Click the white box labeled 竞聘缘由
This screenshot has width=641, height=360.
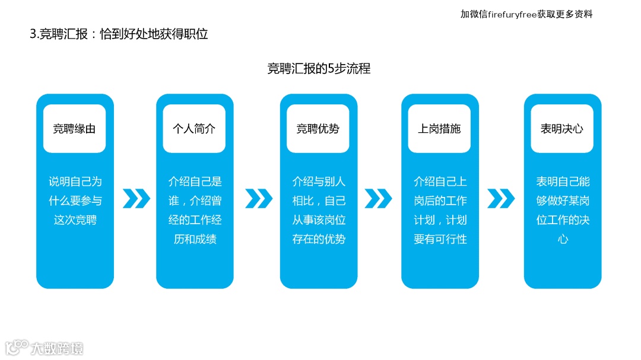coord(74,129)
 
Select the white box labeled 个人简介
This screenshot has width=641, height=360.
coord(194,129)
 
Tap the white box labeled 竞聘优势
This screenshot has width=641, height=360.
coord(318,129)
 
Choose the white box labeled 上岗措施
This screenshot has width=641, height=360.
coord(439,129)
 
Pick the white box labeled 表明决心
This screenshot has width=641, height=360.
coord(561,129)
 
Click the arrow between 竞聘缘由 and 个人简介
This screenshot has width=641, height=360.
coord(136,199)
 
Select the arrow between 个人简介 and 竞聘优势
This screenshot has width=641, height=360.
coord(258,199)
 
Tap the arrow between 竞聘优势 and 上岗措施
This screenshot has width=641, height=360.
coord(378,199)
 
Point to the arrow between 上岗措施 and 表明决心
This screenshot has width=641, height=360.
coord(501,199)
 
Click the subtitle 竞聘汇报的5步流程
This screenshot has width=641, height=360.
coord(319,69)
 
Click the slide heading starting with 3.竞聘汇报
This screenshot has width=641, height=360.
coord(119,34)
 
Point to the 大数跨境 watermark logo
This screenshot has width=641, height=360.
coord(45,347)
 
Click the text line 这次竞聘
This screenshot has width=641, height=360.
coord(75,220)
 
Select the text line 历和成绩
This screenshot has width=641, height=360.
coord(195,239)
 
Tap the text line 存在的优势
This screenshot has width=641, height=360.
coord(319,239)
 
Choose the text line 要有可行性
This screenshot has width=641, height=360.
coord(440,239)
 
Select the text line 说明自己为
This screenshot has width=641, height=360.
coord(75,181)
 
